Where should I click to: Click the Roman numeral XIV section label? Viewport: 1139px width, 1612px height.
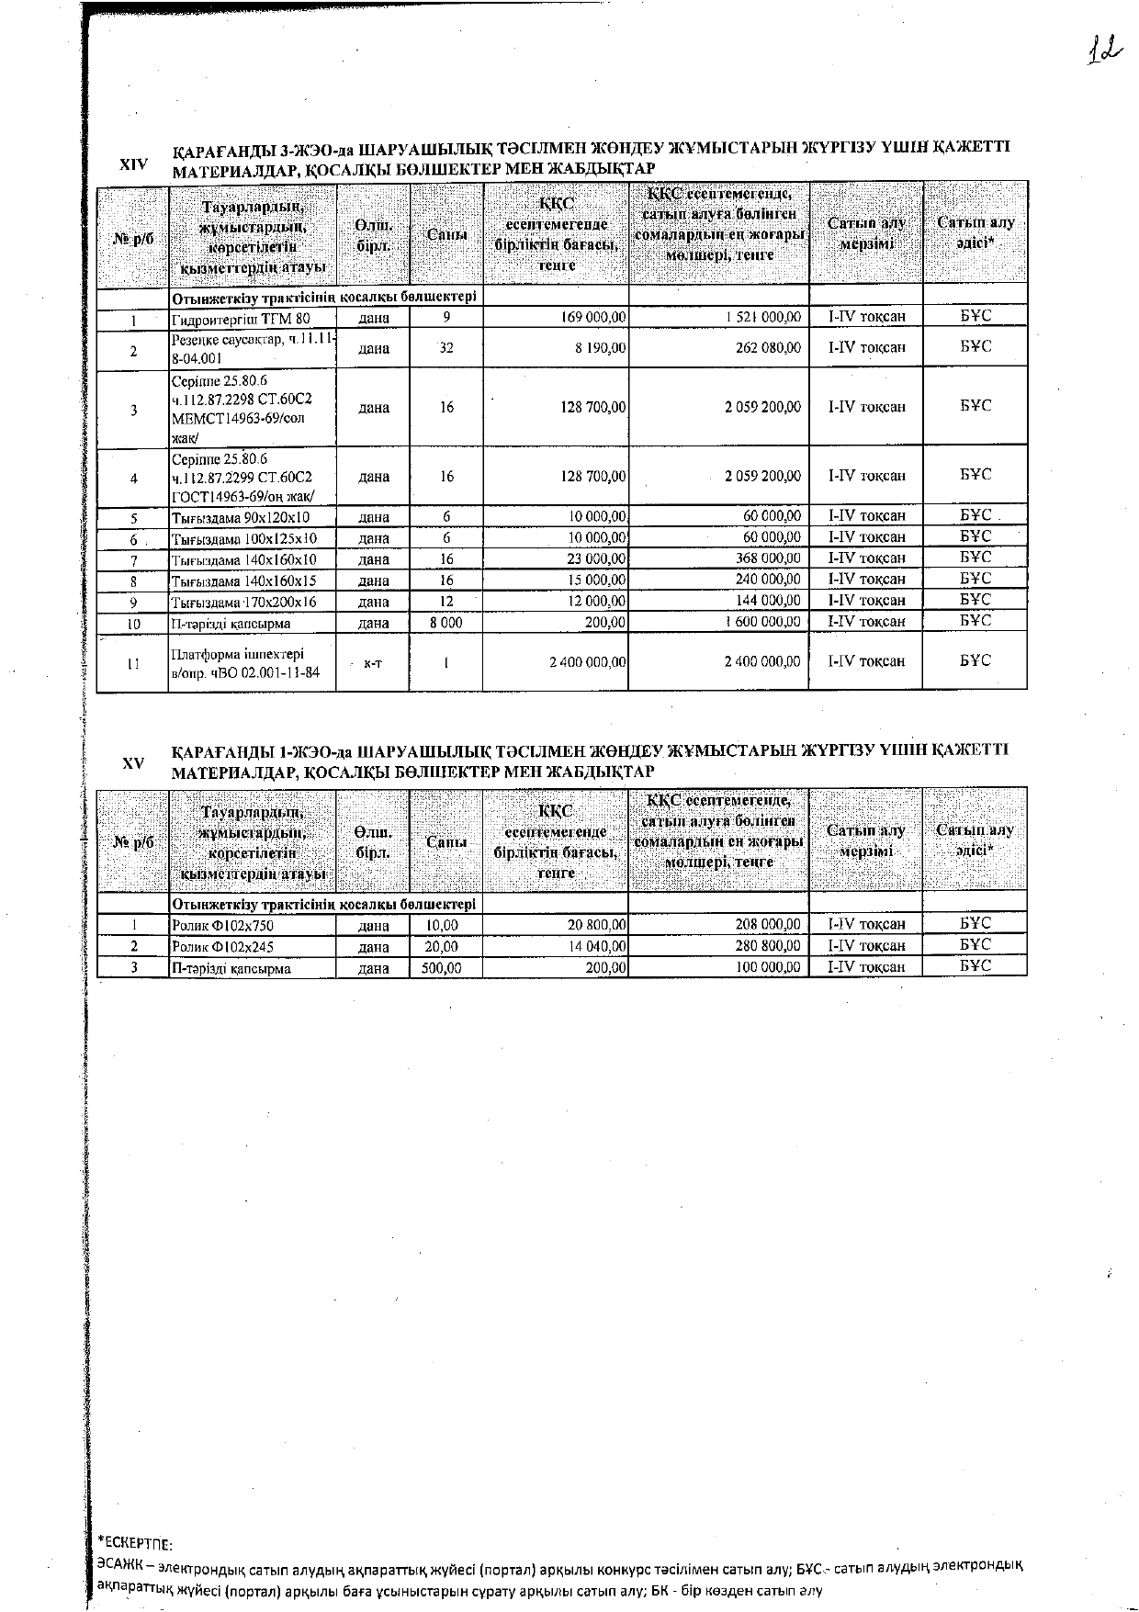click(133, 164)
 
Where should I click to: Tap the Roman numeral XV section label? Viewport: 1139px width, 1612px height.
click(133, 763)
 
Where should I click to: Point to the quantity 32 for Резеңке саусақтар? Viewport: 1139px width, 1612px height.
click(446, 348)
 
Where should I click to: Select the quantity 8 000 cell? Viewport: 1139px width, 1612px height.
click(446, 623)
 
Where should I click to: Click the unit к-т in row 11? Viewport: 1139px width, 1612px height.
click(373, 662)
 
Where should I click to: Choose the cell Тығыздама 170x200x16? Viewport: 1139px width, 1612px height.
click(243, 603)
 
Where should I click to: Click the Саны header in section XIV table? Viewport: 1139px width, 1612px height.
click(446, 235)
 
